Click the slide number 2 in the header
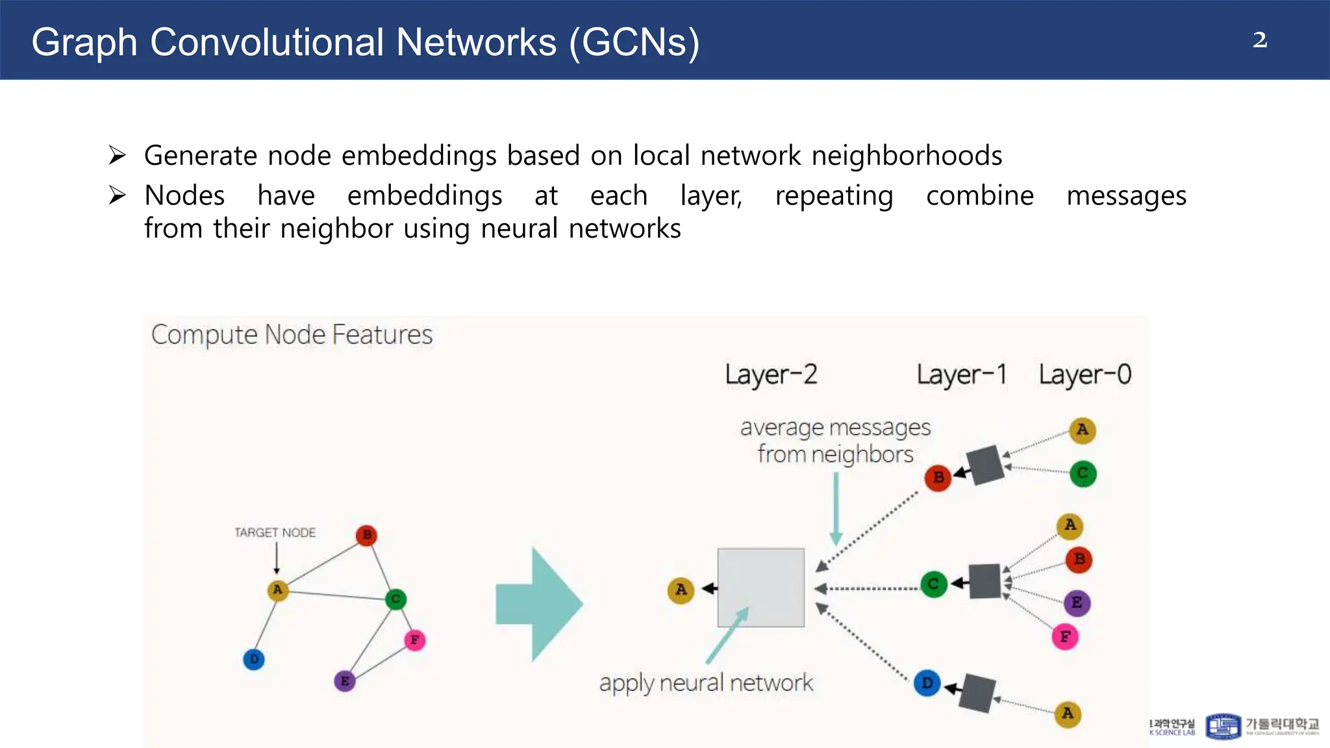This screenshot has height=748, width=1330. coord(1259,40)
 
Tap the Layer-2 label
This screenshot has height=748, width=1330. coord(771,375)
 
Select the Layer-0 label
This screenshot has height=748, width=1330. coord(1085,375)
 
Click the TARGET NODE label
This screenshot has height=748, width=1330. coord(275,532)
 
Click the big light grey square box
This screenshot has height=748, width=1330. coord(760,587)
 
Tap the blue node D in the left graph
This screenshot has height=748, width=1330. coord(254,659)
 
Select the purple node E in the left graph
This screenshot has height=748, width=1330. coord(345,681)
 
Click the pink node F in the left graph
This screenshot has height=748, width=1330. coord(414,640)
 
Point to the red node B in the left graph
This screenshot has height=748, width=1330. coord(367,535)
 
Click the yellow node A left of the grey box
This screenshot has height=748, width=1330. coord(681,590)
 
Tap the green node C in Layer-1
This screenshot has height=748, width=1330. coord(934,584)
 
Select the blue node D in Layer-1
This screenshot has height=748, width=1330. coord(927,683)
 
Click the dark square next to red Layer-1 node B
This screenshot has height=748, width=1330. coord(986,464)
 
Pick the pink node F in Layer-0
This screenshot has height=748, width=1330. coord(1065,637)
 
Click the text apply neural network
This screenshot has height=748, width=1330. coord(706,683)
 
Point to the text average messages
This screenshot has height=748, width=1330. coord(835,428)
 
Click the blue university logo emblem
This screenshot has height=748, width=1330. coord(1223,726)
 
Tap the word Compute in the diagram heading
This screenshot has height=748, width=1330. coord(205,335)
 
